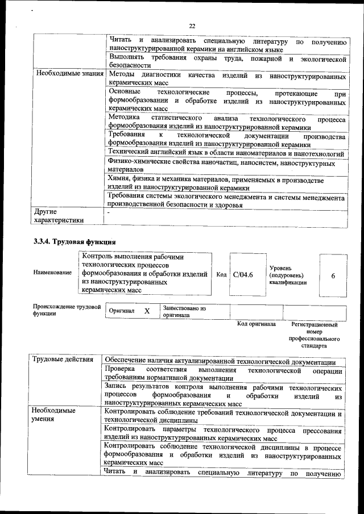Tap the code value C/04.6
tap(243, 275)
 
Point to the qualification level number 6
tap(333, 275)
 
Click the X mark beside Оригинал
tap(147, 311)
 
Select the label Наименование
tap(53, 273)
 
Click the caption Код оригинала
tap(257, 324)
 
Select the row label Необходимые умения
tap(54, 414)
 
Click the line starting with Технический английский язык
tap(225, 154)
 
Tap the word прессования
tap(322, 431)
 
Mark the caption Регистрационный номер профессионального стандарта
tap(314, 335)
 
